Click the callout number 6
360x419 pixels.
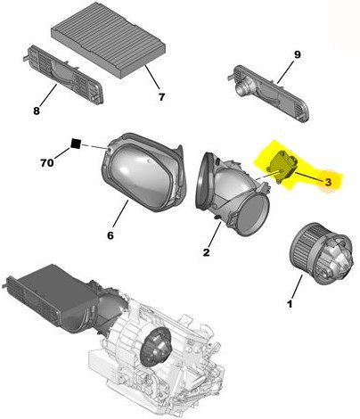(x=110, y=236)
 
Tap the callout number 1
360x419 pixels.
(x=290, y=305)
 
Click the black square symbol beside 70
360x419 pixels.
(x=77, y=144)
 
